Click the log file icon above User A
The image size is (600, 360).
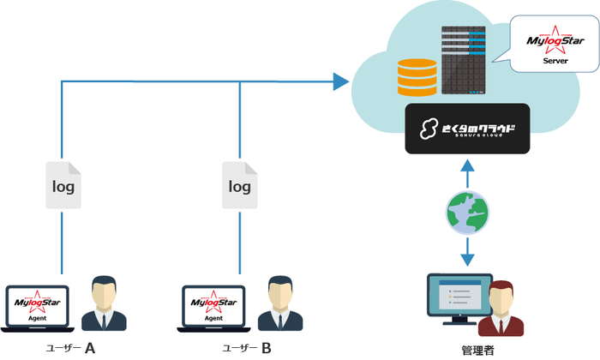pos(63,185)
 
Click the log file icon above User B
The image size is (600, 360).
pos(240,185)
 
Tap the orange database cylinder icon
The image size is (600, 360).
pos(417,78)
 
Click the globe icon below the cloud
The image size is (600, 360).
pos(468,212)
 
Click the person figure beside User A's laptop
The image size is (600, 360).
pos(105,303)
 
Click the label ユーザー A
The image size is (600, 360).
pos(72,348)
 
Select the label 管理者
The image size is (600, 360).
pos(467,350)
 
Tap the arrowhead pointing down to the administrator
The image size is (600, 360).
pos(468,258)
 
